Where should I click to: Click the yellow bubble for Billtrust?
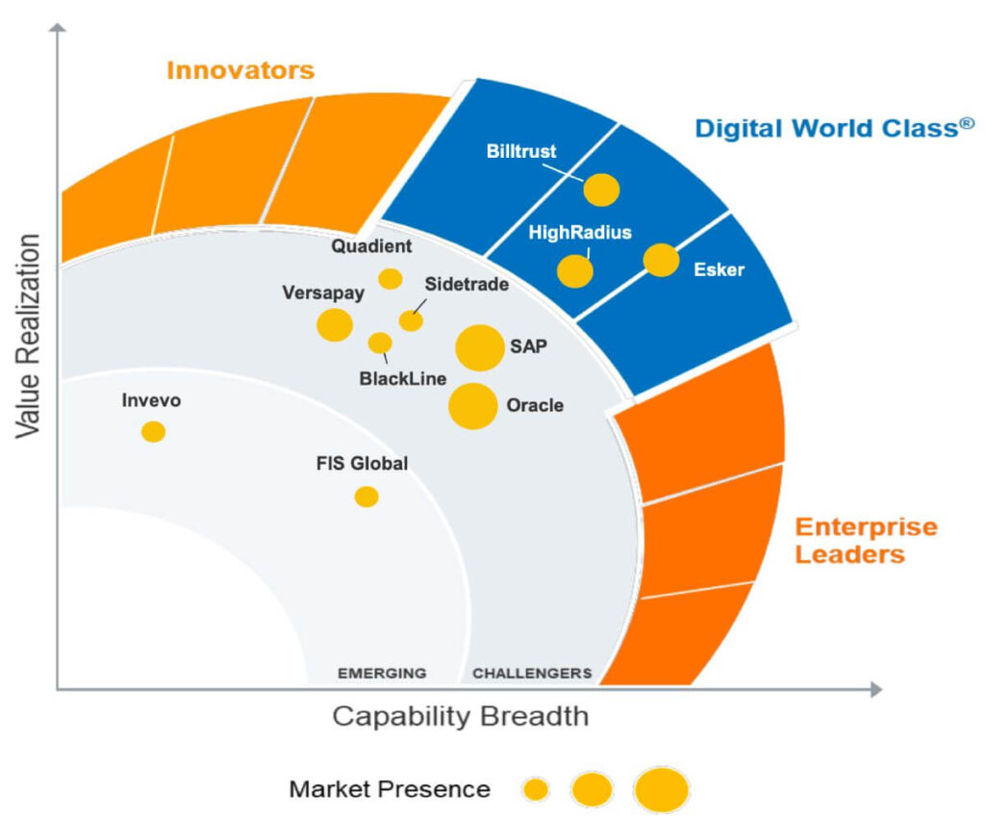click(x=601, y=191)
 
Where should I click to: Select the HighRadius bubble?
click(x=575, y=271)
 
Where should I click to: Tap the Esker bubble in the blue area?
click(x=661, y=260)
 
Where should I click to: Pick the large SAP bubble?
click(x=479, y=347)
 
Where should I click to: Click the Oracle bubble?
click(x=472, y=406)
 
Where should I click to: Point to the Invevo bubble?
click(x=153, y=432)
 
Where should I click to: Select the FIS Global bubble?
click(x=366, y=497)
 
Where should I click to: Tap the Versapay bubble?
click(x=335, y=325)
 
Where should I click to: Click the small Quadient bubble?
click(x=390, y=279)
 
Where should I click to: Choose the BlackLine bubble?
click(x=380, y=343)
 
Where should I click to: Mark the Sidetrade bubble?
click(x=411, y=320)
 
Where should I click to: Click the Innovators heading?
click(x=240, y=70)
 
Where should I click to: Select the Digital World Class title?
click(x=827, y=128)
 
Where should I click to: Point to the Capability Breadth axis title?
click(x=460, y=717)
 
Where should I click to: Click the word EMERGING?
click(x=381, y=673)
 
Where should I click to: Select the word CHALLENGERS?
click(x=532, y=673)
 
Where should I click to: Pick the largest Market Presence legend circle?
click(x=662, y=790)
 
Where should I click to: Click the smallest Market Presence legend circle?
click(x=536, y=790)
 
